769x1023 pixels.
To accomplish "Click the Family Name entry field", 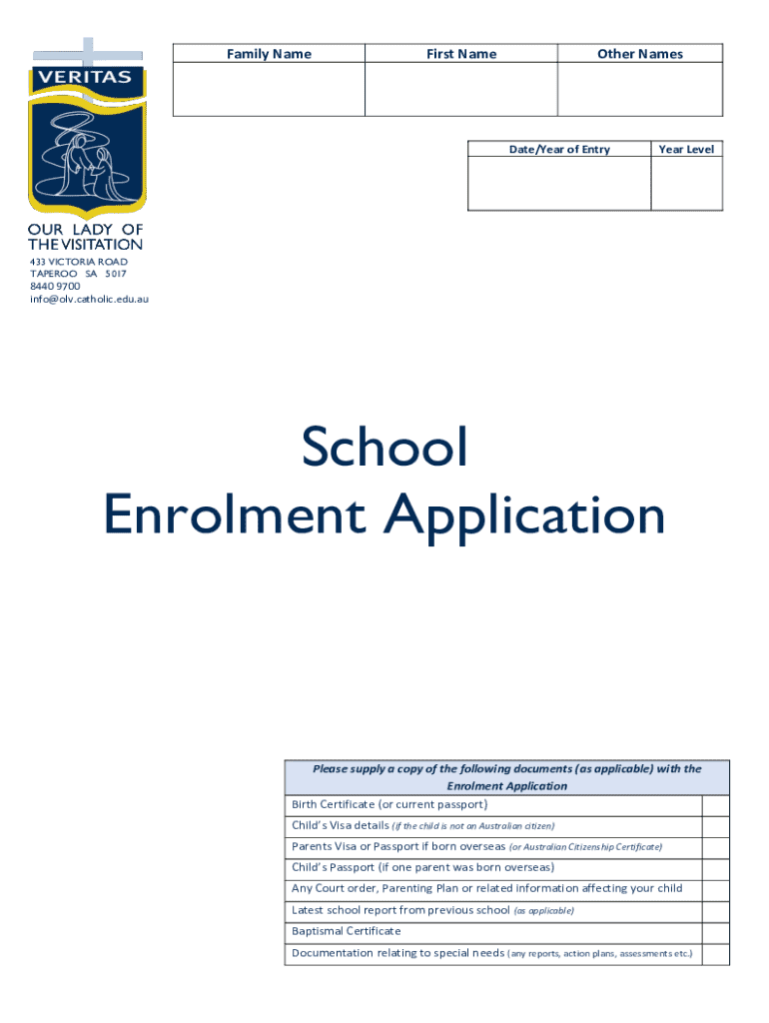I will pyautogui.click(x=269, y=90).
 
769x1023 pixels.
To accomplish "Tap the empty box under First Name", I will pyautogui.click(x=460, y=90).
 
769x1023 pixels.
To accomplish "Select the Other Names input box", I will pyautogui.click(x=639, y=90).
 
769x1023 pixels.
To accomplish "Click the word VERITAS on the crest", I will pyautogui.click(x=88, y=78).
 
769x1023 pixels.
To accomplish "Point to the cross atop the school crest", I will pyautogui.click(x=88, y=50).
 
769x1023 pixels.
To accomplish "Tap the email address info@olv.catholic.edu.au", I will pyautogui.click(x=89, y=299).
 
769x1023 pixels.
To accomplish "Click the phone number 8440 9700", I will pyautogui.click(x=55, y=286).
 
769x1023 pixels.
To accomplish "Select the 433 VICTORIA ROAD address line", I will pyautogui.click(x=79, y=261).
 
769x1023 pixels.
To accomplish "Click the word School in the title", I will pyautogui.click(x=385, y=448).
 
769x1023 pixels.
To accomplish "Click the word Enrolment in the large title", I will pyautogui.click(x=238, y=516).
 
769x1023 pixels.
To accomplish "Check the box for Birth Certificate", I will pyautogui.click(x=716, y=805).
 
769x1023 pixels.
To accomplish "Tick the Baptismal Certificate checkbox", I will pyautogui.click(x=716, y=932).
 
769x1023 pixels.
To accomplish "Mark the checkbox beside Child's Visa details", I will pyautogui.click(x=716, y=826).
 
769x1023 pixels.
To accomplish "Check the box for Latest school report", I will pyautogui.click(x=716, y=911).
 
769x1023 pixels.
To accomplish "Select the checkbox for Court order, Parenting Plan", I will pyautogui.click(x=716, y=889).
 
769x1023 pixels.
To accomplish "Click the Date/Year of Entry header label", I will pyautogui.click(x=559, y=149).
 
